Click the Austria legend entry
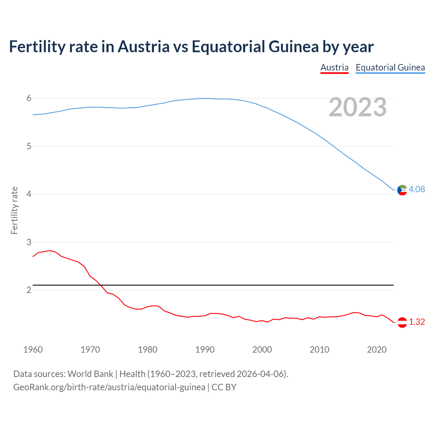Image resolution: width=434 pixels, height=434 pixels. tap(334, 67)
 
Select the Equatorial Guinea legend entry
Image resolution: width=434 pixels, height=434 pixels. tap(390, 67)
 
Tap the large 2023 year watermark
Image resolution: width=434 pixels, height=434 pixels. tap(357, 107)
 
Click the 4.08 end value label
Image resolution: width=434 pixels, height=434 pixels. tap(417, 189)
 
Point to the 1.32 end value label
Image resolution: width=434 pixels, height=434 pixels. tap(417, 322)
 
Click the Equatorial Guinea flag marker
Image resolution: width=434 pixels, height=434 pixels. tap(402, 190)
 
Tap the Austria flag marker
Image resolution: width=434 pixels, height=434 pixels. tap(402, 322)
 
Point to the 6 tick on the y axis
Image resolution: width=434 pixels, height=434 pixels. tap(29, 98)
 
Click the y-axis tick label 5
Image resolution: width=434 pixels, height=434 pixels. tap(29, 146)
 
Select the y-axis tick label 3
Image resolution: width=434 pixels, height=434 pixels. tap(29, 242)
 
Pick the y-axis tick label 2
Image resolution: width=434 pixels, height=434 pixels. tap(29, 290)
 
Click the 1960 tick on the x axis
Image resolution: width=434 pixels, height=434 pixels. tap(33, 350)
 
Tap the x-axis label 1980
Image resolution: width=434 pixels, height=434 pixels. tap(147, 350)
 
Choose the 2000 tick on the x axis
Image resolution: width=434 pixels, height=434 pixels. tap(262, 350)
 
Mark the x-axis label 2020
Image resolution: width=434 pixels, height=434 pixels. tap(377, 350)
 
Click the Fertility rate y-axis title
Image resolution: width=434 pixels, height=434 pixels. tap(14, 210)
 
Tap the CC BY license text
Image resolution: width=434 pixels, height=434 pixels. tap(224, 387)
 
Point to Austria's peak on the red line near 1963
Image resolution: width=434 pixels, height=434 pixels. tap(50, 251)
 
